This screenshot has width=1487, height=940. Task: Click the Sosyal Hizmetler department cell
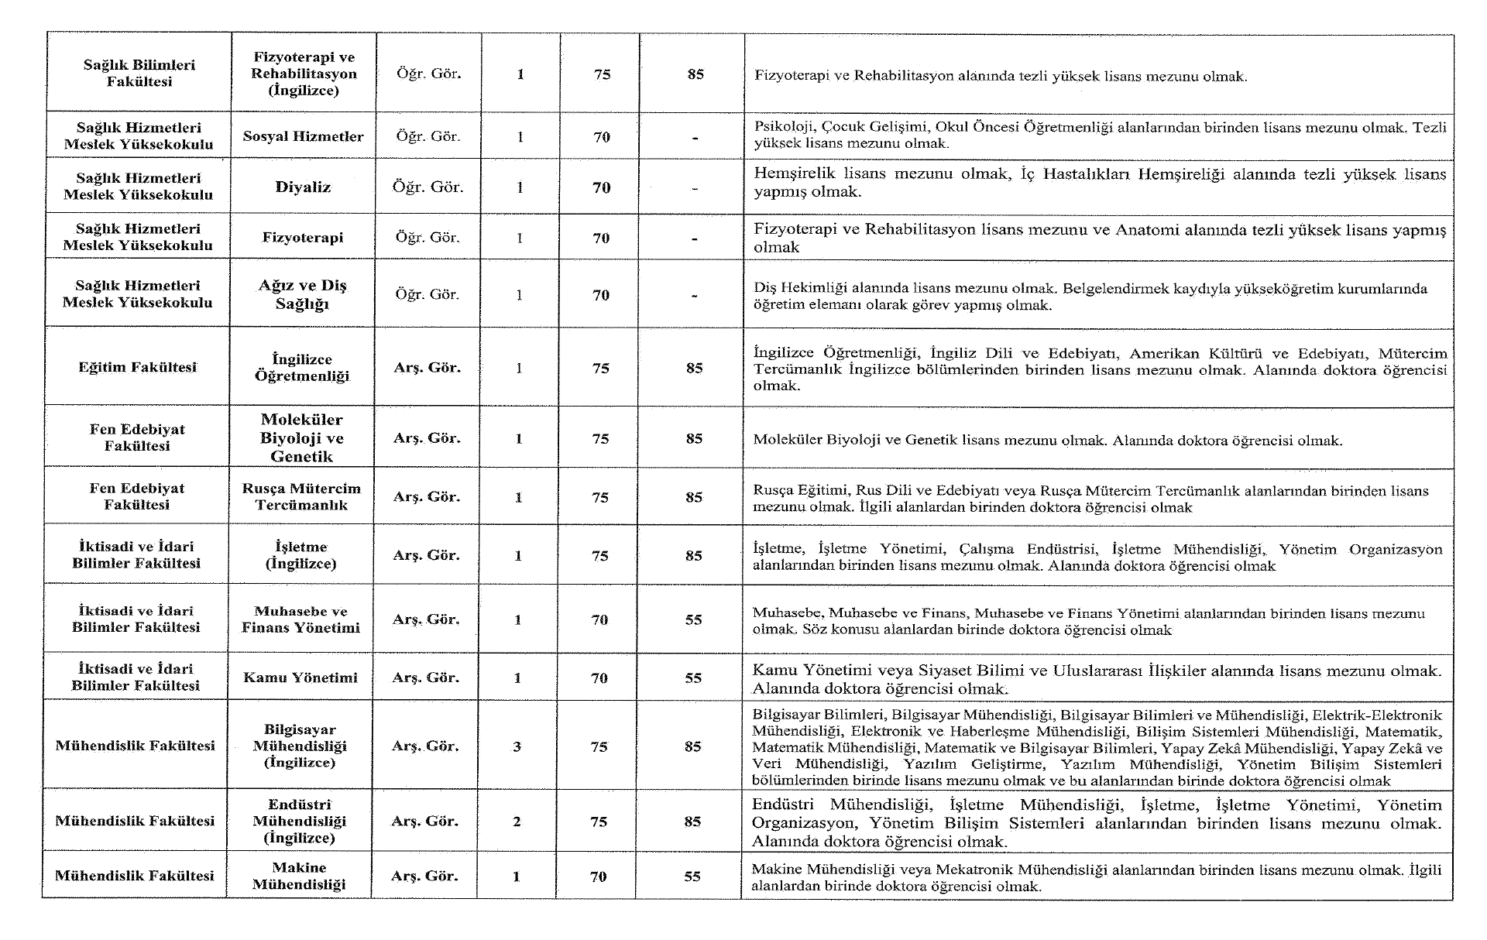(x=303, y=136)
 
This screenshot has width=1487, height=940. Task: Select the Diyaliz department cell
(x=303, y=187)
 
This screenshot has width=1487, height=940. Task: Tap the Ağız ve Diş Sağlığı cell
(x=302, y=294)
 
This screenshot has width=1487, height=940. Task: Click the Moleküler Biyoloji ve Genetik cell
(x=301, y=437)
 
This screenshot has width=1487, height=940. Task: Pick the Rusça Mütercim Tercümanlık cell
(x=301, y=496)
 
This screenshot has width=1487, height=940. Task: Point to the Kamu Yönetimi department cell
(x=300, y=678)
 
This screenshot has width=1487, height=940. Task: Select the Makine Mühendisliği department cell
(x=299, y=876)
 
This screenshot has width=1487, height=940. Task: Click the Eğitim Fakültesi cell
(x=137, y=367)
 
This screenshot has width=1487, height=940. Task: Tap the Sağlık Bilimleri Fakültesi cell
(x=139, y=74)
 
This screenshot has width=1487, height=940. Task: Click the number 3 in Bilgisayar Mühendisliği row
(x=517, y=746)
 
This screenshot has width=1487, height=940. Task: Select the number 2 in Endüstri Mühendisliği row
(x=517, y=822)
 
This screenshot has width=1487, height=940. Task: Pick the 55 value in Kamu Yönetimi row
(x=693, y=678)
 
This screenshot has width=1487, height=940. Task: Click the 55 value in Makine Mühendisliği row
(x=692, y=877)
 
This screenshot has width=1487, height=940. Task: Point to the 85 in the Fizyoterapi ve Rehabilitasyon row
(x=695, y=74)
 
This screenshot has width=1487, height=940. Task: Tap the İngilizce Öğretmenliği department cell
(x=301, y=368)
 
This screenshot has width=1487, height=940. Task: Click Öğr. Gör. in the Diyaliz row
(x=428, y=187)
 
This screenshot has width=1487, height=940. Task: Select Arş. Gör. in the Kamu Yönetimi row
(x=425, y=678)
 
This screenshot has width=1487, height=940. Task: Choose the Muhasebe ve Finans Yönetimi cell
(x=300, y=619)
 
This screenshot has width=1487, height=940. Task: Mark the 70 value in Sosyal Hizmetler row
(x=602, y=137)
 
